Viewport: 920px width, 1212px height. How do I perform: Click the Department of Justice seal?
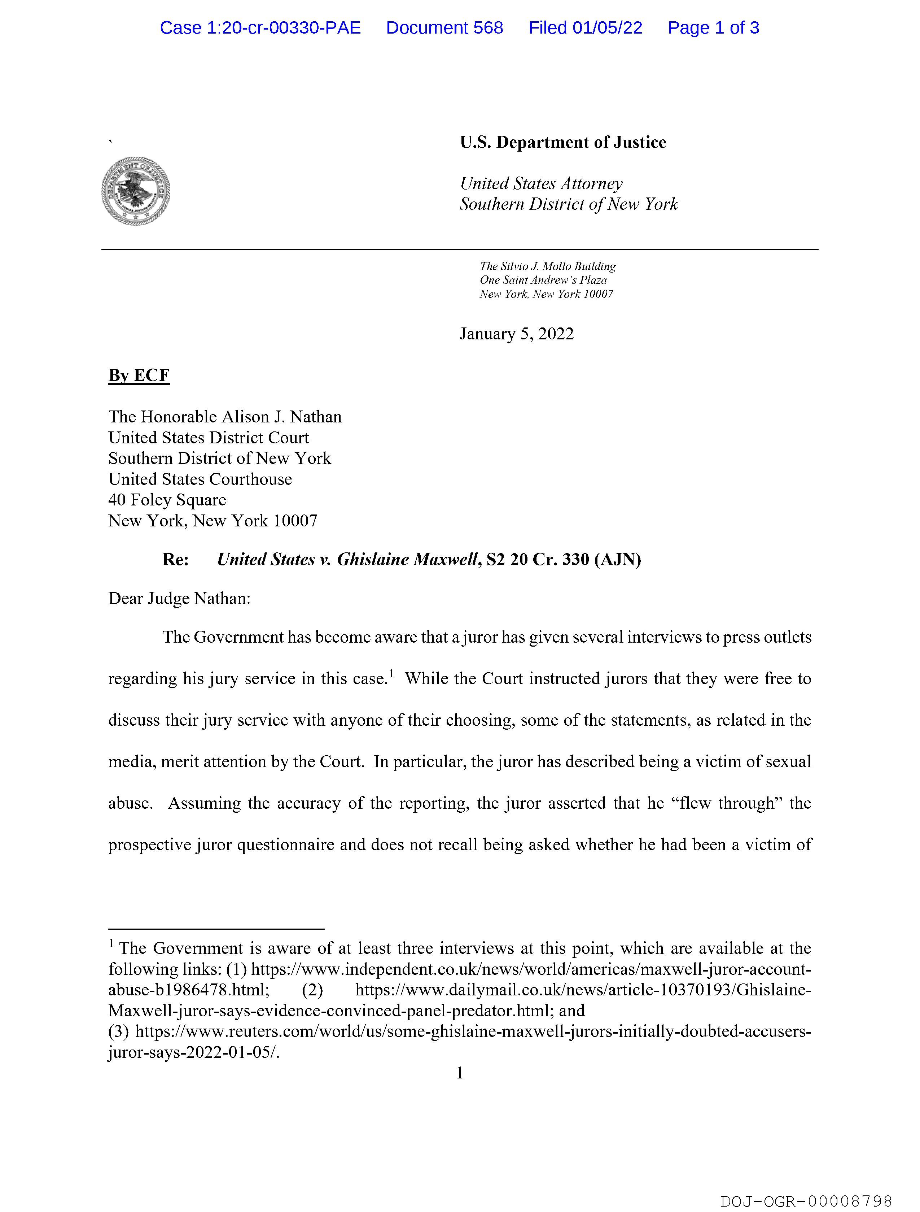[x=135, y=191]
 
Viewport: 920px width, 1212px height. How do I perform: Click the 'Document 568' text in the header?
[x=444, y=28]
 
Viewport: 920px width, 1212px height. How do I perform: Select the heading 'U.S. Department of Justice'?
[x=563, y=143]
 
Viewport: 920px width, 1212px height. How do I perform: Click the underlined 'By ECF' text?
[x=139, y=375]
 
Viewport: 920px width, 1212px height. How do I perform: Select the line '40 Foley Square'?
[x=167, y=500]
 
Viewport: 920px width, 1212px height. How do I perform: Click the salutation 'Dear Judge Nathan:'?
[x=179, y=598]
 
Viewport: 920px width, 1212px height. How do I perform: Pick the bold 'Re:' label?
[x=175, y=560]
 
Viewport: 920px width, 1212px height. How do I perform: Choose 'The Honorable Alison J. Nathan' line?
[x=224, y=417]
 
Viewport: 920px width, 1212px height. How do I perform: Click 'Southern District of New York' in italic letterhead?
[x=569, y=204]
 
